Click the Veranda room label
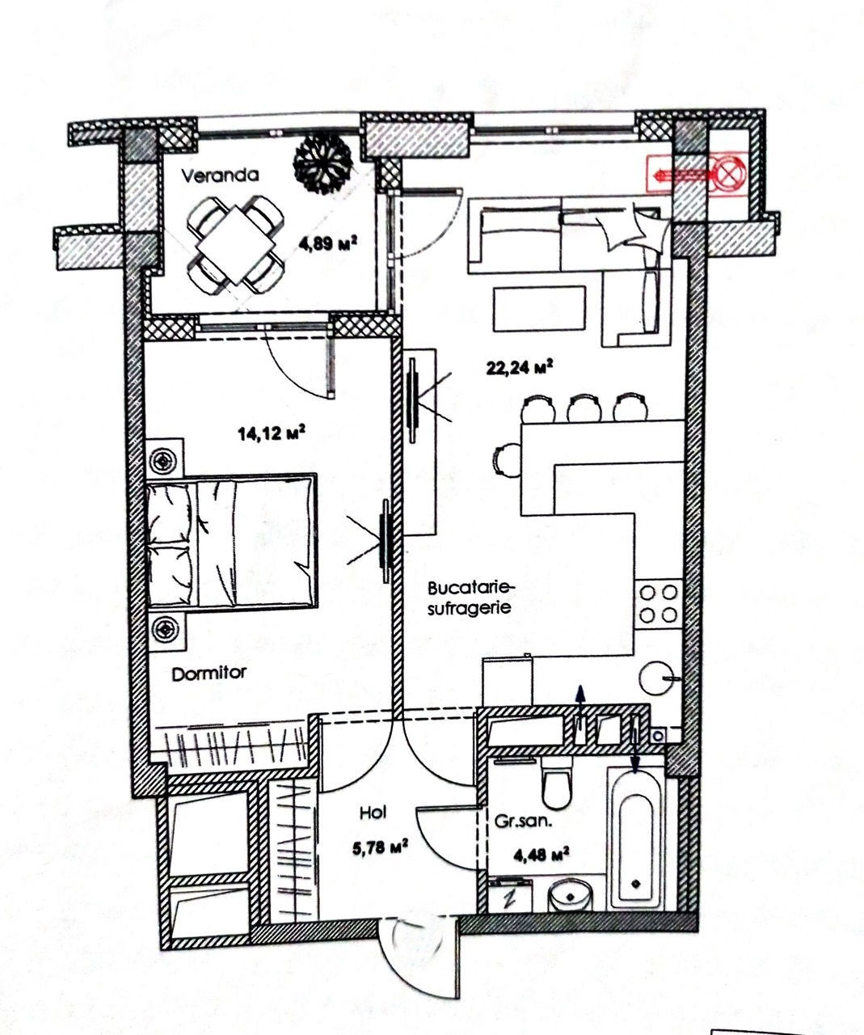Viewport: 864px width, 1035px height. pos(220,175)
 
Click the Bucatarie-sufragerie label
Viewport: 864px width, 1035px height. pos(472,598)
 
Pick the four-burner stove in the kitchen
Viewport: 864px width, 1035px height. pos(659,604)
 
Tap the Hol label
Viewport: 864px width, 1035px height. pos(373,813)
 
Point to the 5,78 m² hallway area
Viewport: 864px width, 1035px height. pos(380,847)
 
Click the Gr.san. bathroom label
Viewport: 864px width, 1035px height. pos(524,822)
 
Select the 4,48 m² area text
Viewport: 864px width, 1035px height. pos(541,854)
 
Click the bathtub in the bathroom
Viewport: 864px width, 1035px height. pos(635,839)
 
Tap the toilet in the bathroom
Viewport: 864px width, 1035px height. pos(558,784)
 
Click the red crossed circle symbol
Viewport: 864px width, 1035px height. pos(729,175)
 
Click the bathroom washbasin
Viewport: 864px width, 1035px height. pos(571,896)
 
